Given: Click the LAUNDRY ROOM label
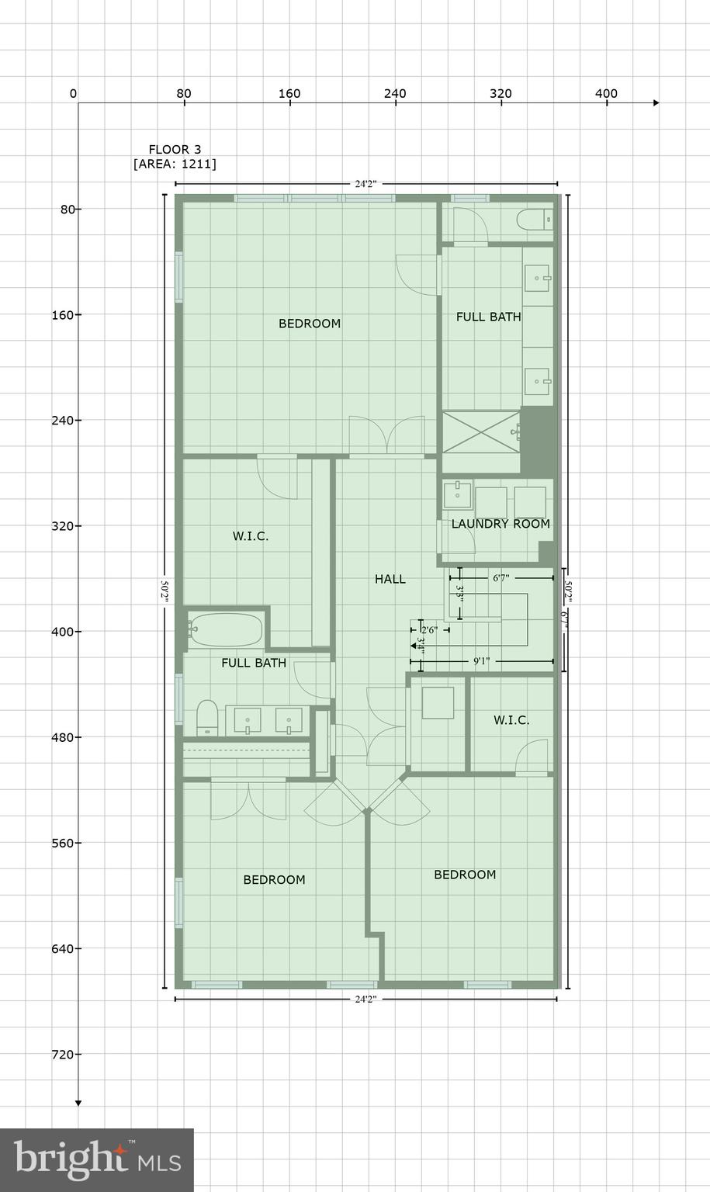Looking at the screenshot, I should pos(500,524).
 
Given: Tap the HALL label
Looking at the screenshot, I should pos(390,579).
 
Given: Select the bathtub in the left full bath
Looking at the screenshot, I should pos(226,630).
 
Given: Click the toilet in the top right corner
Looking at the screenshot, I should pos(535,220).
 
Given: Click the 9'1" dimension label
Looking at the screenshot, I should pos(481,661).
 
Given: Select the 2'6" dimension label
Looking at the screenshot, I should pos(429,630).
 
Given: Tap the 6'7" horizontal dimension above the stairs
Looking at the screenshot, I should pos(500,578).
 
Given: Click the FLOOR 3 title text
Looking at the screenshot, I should pos(175,150).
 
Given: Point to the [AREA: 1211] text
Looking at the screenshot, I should pos(175,165).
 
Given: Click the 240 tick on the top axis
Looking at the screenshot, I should pos(395,94).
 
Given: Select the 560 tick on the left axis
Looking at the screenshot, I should pos(65,843).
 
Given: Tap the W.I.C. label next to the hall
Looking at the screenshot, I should pos(251,536).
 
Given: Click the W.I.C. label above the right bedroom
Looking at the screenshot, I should pos(511,720).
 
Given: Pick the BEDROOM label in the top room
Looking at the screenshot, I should pos(310,324).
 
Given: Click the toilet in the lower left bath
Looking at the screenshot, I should pos(207,717).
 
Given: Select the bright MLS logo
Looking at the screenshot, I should pos(96,1159).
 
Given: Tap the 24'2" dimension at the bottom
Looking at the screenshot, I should pos(365,1000).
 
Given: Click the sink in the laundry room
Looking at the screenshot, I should pos(457,494).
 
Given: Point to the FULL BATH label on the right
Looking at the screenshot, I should pos(488,317).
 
